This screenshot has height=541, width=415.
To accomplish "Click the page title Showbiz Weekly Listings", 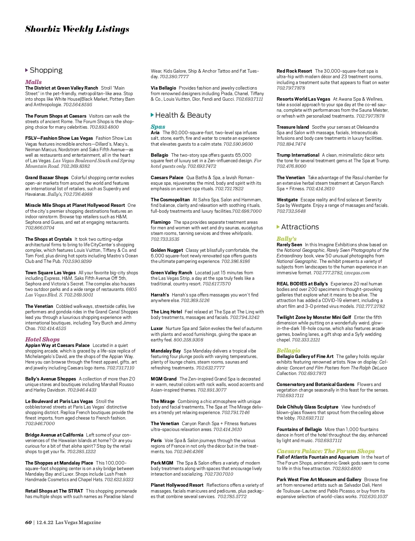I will pyautogui.click(x=77, y=29).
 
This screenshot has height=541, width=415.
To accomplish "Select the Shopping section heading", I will pyautogui.click(x=46, y=70).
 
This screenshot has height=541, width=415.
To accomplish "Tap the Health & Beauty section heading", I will pyautogui.click(x=183, y=115).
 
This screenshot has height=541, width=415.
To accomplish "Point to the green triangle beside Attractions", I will pyautogui.click(x=278, y=227).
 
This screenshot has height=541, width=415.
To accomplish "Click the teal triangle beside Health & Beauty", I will pyautogui.click(x=152, y=115).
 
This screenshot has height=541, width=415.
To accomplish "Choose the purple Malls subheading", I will pyautogui.click(x=33, y=82).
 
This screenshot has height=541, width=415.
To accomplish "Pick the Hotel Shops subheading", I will pyautogui.click(x=42, y=339).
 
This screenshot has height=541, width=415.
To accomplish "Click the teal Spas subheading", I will pyautogui.click(x=158, y=127).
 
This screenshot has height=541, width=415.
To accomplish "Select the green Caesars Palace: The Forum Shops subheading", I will pyautogui.click(x=325, y=451).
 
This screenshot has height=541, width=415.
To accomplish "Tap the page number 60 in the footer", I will pyautogui.click(x=28, y=522).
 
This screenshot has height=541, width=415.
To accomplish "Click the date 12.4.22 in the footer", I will pyautogui.click(x=45, y=522).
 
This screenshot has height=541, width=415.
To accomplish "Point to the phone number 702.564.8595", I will pyautogui.click(x=78, y=104).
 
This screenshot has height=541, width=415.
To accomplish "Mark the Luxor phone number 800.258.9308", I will pyautogui.click(x=188, y=340).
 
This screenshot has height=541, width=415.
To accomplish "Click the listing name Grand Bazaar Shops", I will pyautogui.click(x=47, y=177).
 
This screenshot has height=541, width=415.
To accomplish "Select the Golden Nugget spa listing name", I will pyautogui.click(x=167, y=250).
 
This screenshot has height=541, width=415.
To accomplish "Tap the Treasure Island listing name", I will pyautogui.click(x=293, y=127).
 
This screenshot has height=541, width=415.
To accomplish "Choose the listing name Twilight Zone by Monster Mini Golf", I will pyautogui.click(x=314, y=317).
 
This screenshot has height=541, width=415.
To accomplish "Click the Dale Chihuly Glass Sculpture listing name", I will pyautogui.click(x=307, y=407).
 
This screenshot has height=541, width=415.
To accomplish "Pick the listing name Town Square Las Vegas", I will pyautogui.click(x=50, y=273).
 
